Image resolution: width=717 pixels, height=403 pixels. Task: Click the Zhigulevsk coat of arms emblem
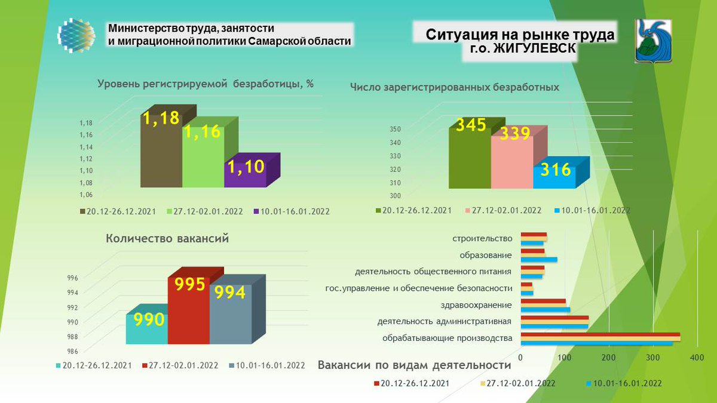(x=652, y=41)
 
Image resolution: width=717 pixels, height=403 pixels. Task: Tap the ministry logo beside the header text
(x=76, y=35)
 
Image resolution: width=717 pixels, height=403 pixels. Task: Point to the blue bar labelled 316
(x=554, y=177)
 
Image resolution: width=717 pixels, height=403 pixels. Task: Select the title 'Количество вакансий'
(x=167, y=239)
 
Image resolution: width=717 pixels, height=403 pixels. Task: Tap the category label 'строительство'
(x=483, y=238)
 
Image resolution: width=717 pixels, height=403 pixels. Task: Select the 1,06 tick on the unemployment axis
(x=86, y=195)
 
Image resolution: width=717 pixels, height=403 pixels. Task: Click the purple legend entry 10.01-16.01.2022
(x=292, y=211)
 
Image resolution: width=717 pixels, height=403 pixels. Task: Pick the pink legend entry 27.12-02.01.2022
(x=502, y=210)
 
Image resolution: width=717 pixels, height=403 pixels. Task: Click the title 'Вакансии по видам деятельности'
(x=414, y=365)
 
